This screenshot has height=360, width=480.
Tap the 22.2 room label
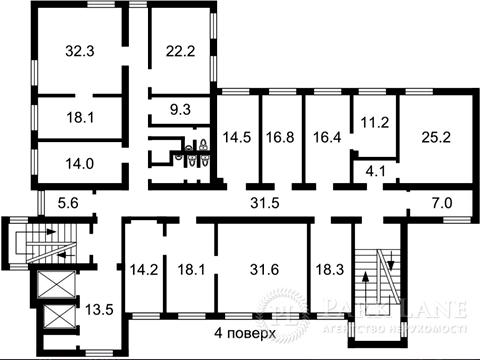(180, 50)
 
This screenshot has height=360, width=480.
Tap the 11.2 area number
(374, 122)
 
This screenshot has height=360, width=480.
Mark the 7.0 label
(440, 203)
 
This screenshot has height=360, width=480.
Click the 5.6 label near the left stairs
(66, 203)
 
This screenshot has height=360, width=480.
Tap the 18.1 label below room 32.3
(80, 117)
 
